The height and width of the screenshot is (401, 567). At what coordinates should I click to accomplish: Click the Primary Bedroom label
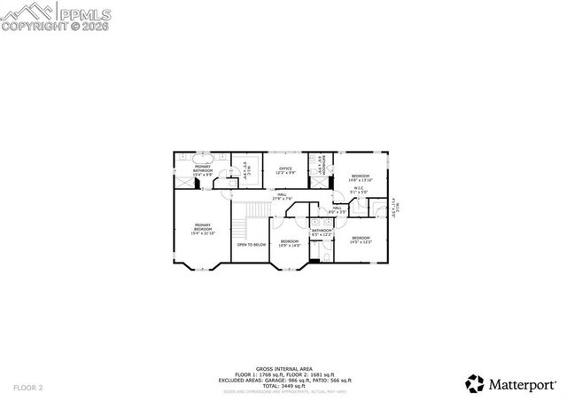click(202, 227)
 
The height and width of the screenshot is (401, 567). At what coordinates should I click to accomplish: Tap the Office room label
click(285, 169)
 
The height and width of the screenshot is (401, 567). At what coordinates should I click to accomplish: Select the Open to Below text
click(251, 244)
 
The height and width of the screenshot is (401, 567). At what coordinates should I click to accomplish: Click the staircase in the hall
click(257, 209)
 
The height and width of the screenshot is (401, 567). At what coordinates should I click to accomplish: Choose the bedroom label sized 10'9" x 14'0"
click(291, 243)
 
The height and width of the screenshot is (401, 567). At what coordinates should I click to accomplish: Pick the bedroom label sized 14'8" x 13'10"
click(361, 177)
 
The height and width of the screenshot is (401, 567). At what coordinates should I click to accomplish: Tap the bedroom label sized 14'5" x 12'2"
click(361, 239)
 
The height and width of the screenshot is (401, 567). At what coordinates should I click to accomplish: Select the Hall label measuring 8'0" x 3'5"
click(337, 209)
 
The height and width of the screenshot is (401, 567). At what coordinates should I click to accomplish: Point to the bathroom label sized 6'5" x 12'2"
click(321, 232)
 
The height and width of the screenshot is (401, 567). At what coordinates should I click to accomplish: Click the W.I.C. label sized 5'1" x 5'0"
click(357, 190)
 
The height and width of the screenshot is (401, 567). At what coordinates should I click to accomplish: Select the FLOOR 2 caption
click(28, 388)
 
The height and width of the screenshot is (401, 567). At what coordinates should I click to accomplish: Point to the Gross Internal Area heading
click(283, 368)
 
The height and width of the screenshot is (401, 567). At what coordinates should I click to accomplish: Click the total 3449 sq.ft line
click(283, 386)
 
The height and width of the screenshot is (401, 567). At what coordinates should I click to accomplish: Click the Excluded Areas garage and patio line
click(283, 380)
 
